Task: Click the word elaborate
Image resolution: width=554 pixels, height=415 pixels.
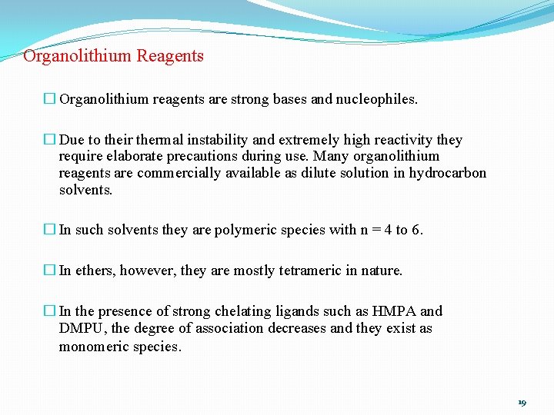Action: pos(132,157)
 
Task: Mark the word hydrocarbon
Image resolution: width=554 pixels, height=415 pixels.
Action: pos(448,173)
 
